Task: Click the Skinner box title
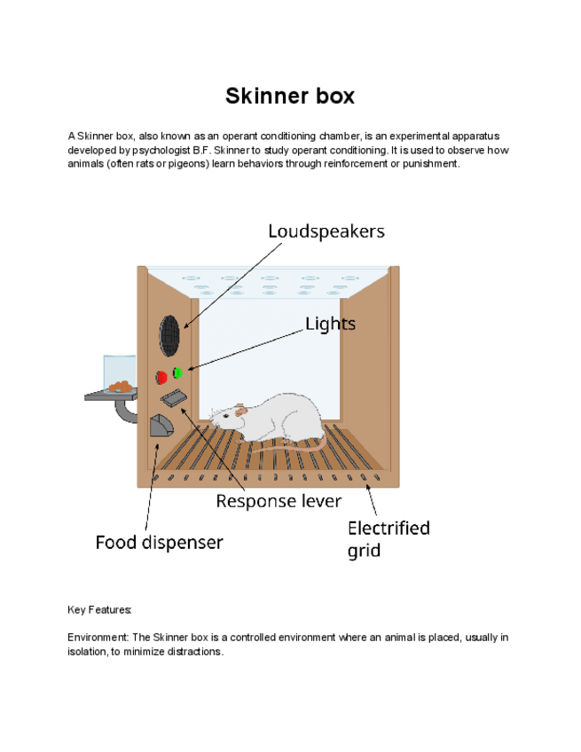click(x=290, y=96)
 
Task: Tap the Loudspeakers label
click(x=326, y=231)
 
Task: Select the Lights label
click(x=330, y=324)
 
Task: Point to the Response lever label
click(x=279, y=501)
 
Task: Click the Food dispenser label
click(x=160, y=542)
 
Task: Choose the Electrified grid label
click(x=388, y=538)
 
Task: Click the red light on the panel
click(x=161, y=377)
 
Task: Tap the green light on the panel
click(x=177, y=372)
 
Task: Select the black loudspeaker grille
click(x=169, y=335)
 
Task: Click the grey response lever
click(x=174, y=399)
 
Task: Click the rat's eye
click(x=226, y=414)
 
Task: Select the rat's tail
click(x=293, y=452)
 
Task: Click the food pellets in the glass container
click(x=119, y=387)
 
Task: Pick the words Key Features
click(x=99, y=610)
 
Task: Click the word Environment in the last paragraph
click(x=98, y=638)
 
